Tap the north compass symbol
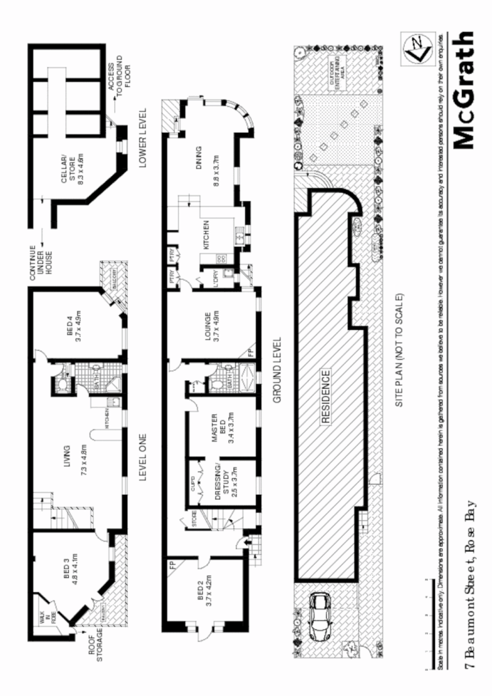tap(415, 49)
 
